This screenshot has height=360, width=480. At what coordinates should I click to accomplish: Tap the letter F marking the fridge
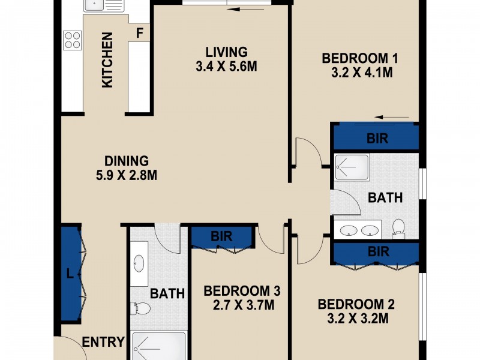click(139, 33)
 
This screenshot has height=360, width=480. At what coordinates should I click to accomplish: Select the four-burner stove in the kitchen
click(73, 40)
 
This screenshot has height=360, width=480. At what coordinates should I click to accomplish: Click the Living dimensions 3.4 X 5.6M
click(226, 67)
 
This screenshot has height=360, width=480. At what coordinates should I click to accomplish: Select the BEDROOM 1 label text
click(361, 59)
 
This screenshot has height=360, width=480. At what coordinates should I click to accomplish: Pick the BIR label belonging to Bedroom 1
click(377, 139)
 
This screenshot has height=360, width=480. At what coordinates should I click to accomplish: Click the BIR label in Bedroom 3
click(221, 236)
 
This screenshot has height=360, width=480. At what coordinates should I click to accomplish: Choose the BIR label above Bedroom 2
click(378, 251)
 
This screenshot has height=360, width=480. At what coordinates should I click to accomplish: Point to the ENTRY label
click(103, 342)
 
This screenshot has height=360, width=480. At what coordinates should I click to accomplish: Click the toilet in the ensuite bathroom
click(397, 227)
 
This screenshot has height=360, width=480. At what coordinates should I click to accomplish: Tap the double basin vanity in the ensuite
click(359, 230)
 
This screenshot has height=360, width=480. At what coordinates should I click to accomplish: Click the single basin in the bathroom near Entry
click(140, 263)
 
